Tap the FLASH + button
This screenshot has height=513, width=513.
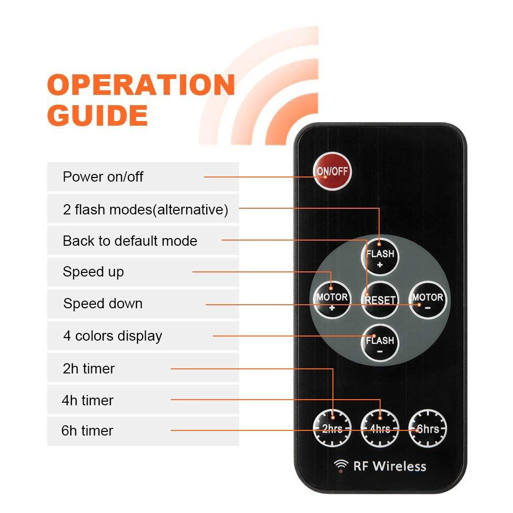(x=380, y=258)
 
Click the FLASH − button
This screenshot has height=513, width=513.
(x=380, y=344)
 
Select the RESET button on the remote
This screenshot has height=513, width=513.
(x=380, y=300)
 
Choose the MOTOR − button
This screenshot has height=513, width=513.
(x=428, y=300)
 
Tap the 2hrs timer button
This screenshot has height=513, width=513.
(x=332, y=428)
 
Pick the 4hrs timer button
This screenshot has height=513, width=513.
(x=380, y=428)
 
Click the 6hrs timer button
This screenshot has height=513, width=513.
(x=428, y=428)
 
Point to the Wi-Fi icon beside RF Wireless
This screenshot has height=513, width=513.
(x=341, y=466)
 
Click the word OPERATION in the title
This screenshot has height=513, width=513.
(x=141, y=85)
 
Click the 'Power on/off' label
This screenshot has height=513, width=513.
(x=103, y=176)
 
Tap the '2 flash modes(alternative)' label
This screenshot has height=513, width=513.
(x=146, y=210)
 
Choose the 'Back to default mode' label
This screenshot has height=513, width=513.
(x=130, y=241)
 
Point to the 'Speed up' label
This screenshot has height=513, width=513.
(x=93, y=272)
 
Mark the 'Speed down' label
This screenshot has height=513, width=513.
(x=103, y=304)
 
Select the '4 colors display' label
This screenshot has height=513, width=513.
(x=112, y=336)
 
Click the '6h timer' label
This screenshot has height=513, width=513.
(x=87, y=430)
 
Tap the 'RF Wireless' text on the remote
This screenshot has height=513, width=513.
(x=390, y=466)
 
